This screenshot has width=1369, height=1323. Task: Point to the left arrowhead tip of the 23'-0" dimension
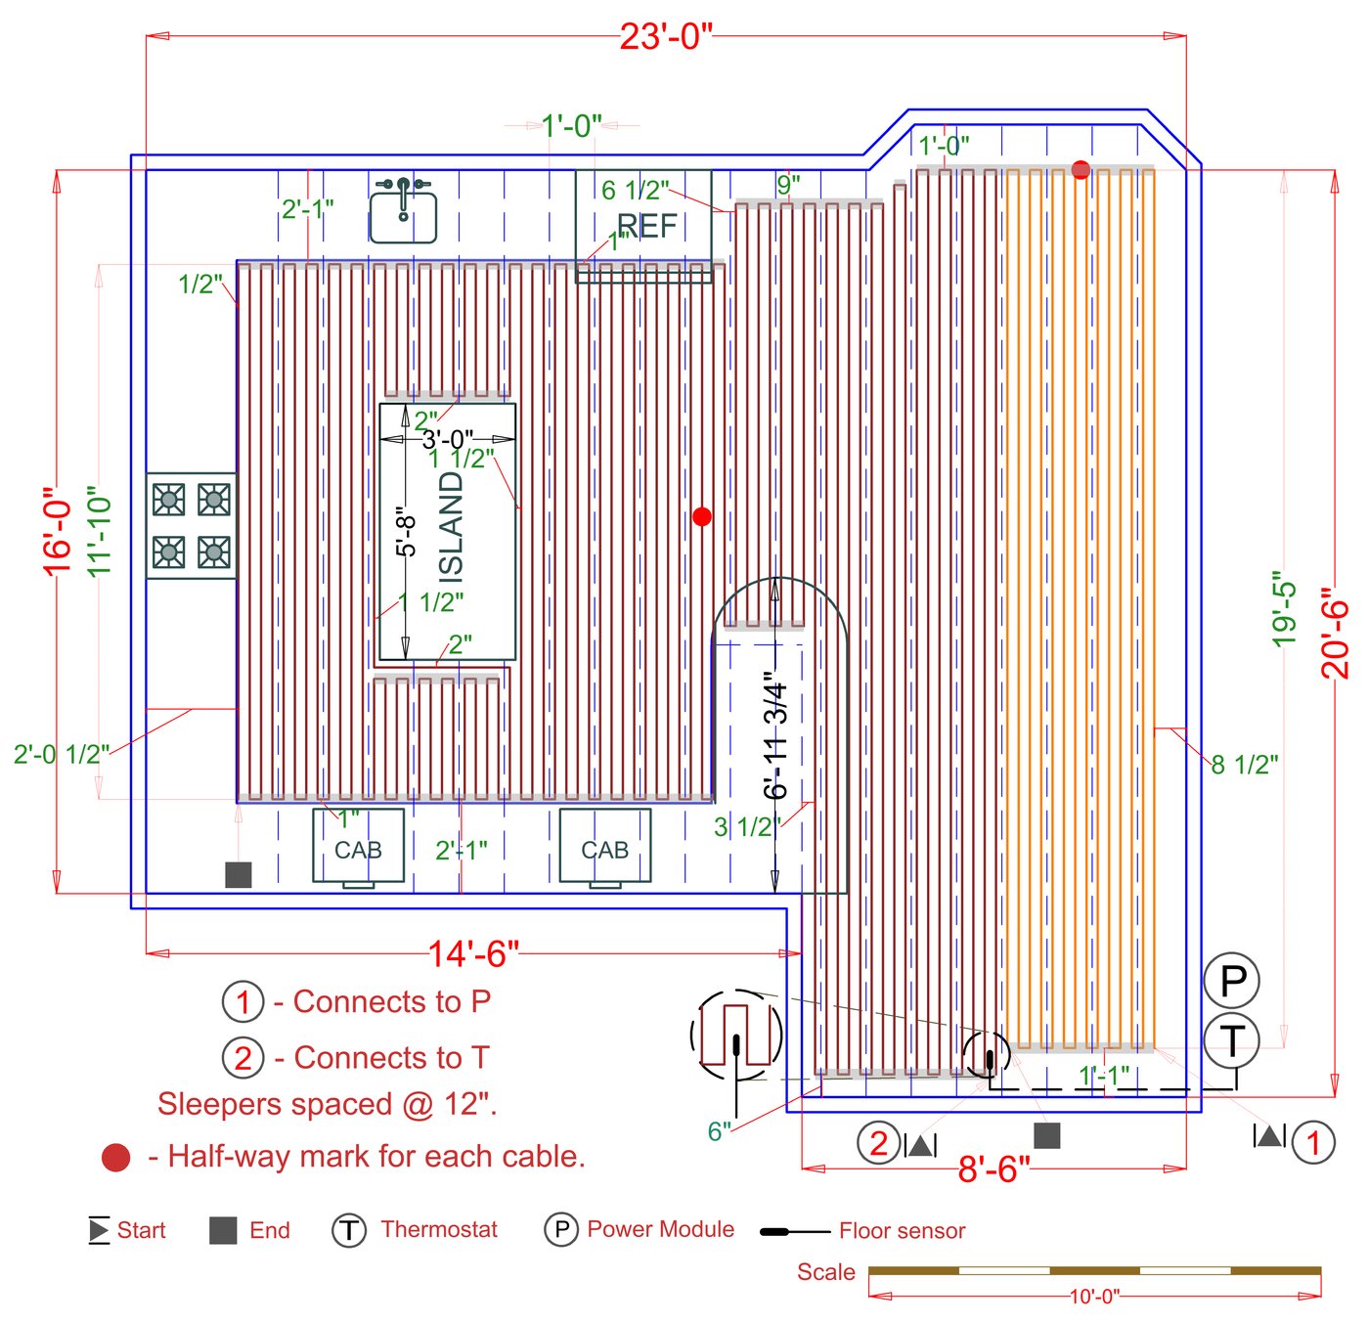[x=146, y=35]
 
